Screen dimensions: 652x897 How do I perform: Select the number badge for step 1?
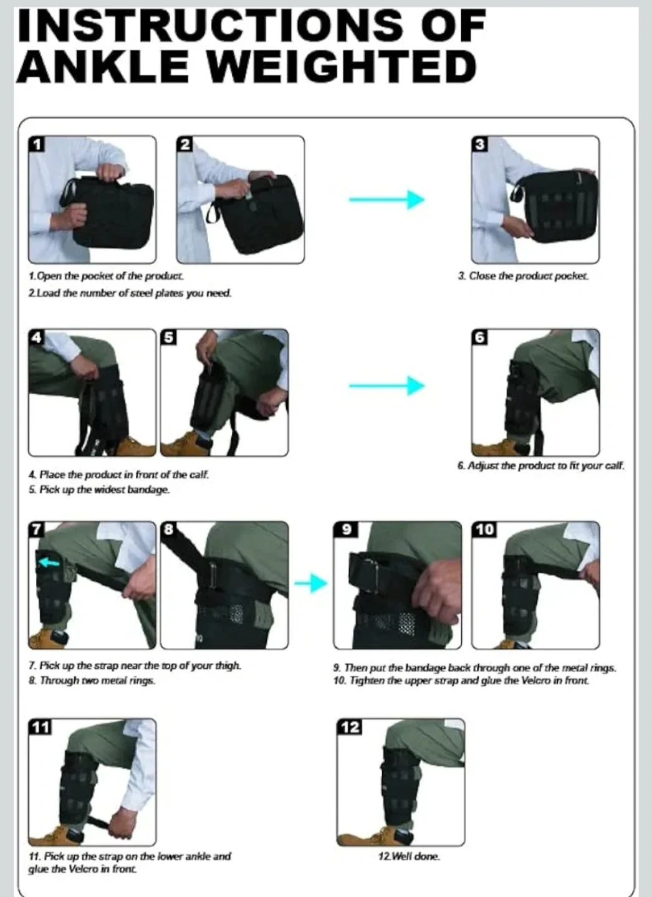[37, 144]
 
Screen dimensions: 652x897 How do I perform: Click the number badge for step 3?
[480, 144]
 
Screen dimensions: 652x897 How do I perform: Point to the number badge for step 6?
[480, 337]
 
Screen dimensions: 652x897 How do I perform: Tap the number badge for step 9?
[346, 529]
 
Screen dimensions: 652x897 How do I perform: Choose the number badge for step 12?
[350, 727]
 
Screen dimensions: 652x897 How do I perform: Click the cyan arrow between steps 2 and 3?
[386, 199]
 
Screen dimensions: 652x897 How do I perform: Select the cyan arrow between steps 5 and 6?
[386, 386]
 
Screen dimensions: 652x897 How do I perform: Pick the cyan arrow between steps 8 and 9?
[311, 584]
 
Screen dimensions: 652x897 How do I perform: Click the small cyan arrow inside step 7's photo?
[49, 563]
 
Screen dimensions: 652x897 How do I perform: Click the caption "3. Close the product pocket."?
[524, 276]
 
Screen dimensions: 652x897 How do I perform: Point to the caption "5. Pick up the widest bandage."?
[99, 490]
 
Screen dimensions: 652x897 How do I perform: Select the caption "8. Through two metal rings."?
[92, 680]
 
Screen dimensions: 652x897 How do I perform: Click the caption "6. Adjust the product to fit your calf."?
[541, 466]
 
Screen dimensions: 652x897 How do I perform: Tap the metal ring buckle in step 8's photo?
[214, 575]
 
